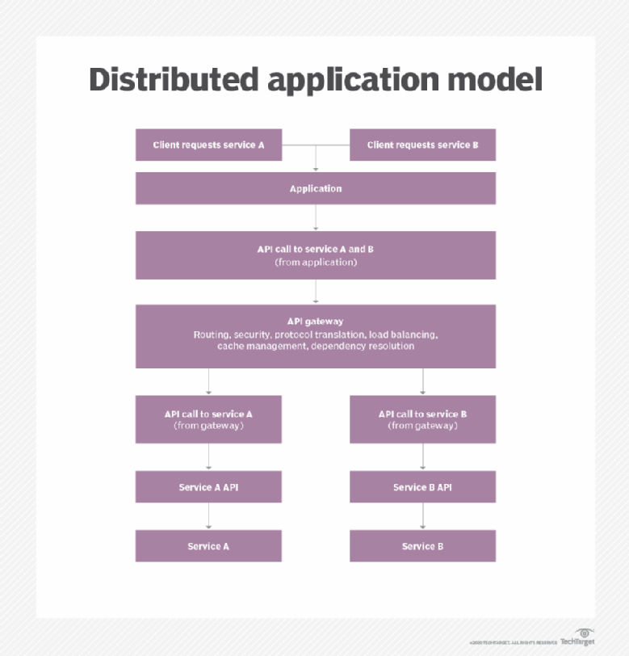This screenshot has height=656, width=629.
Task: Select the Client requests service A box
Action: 208,145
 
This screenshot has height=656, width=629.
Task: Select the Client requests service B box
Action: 422,145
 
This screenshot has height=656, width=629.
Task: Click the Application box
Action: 315,189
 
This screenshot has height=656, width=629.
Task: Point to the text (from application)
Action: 315,263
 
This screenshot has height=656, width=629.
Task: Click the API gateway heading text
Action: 315,321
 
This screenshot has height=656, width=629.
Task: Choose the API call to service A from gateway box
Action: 208,419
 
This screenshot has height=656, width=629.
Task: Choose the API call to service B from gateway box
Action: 422,419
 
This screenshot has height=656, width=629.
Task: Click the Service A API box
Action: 208,487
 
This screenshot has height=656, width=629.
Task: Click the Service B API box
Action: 422,487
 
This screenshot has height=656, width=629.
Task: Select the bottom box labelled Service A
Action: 208,546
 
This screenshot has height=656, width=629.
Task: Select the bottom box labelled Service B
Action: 422,546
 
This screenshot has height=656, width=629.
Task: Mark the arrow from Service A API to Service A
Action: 209,516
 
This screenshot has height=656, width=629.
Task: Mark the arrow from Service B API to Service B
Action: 423,516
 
